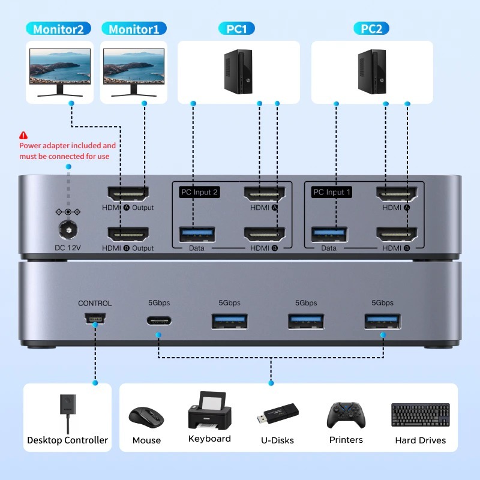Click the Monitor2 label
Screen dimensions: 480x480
59,29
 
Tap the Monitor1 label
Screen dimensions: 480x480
134,29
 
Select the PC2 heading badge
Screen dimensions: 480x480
371,29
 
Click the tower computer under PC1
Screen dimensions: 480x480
238,71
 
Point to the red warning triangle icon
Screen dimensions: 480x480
23,136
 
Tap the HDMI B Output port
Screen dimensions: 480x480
128,233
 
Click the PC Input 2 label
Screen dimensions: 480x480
199,192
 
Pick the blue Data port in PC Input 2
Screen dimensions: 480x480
196,233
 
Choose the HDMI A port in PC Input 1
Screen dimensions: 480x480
397,193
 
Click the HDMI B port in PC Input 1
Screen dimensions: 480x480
397,233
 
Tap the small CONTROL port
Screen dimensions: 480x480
95,319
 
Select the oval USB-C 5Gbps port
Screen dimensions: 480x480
159,319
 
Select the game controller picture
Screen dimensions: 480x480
346,415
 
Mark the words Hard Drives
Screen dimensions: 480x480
420,440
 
